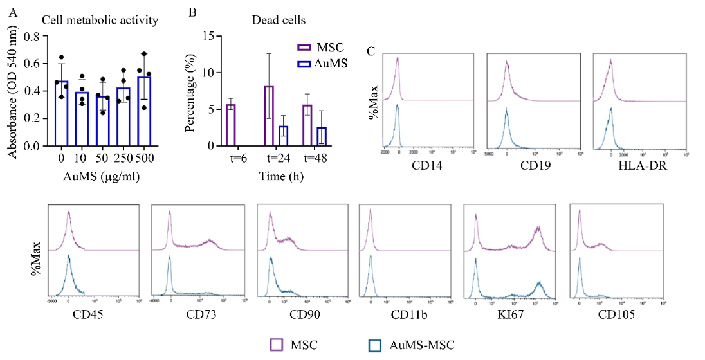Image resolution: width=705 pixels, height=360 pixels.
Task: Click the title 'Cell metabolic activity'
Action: point(100,21)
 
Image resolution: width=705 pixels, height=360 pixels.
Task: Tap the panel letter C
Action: point(371,50)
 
